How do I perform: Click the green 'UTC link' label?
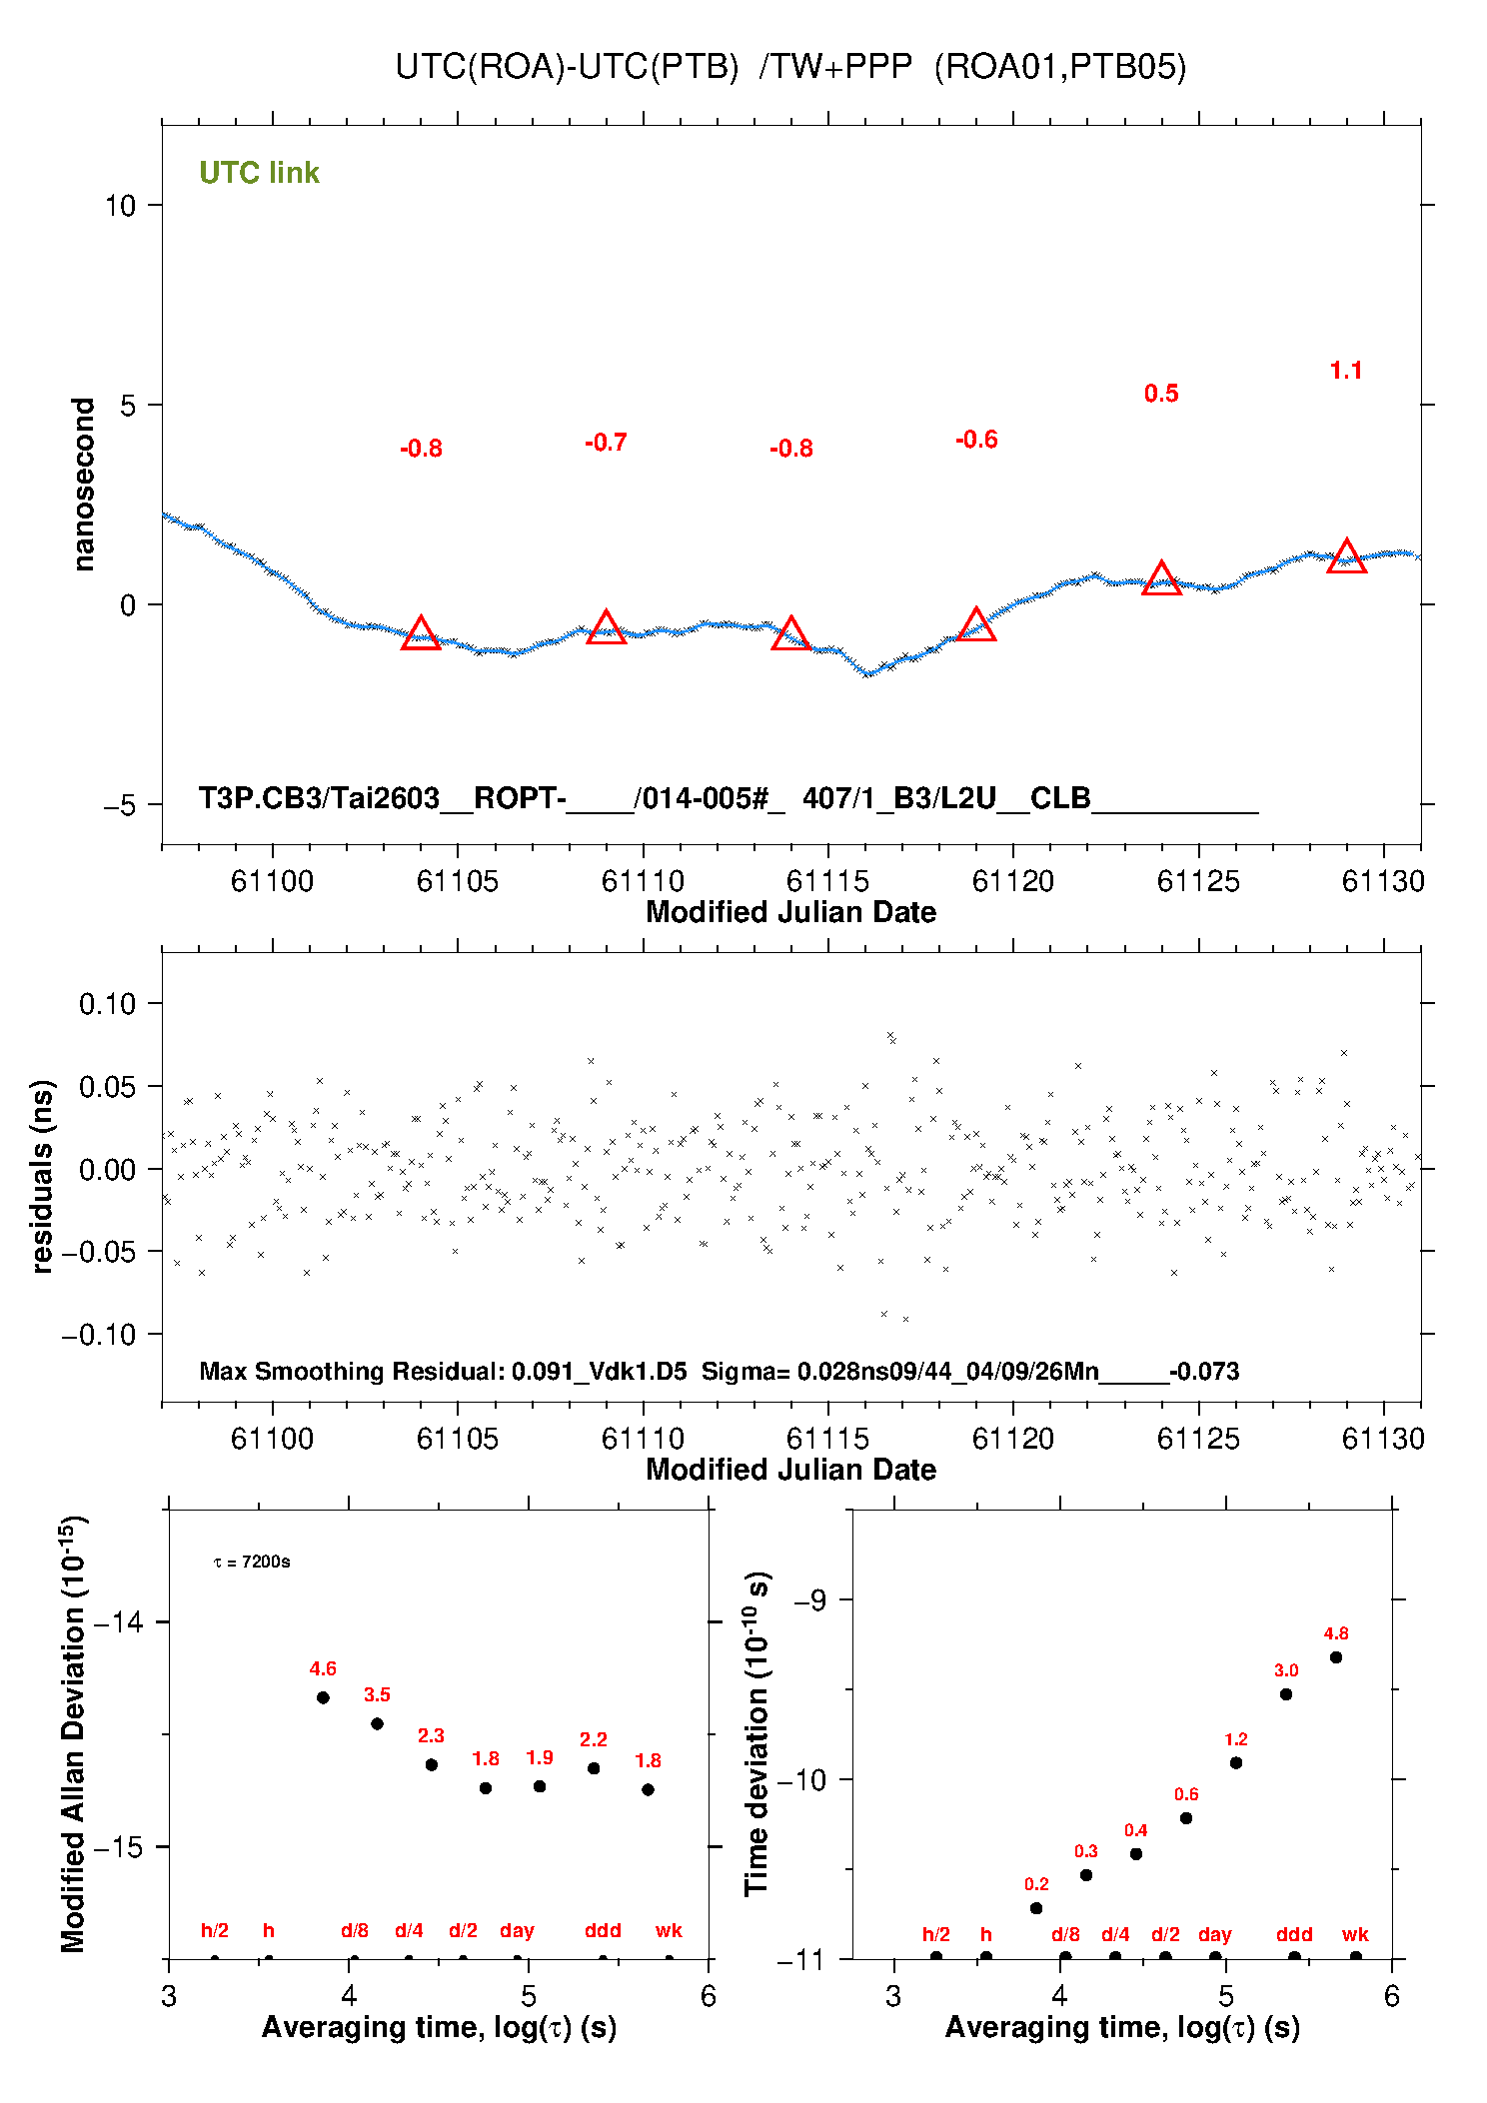[259, 173]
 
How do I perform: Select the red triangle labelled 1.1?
[1346, 556]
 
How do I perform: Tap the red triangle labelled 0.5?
[1161, 578]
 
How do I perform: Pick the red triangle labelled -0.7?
[606, 627]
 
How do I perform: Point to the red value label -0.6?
[976, 440]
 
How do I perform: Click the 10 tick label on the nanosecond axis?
[120, 206]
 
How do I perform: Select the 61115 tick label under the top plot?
[827, 881]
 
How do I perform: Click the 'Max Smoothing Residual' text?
[350, 1371]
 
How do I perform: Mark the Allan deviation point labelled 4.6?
[323, 1697]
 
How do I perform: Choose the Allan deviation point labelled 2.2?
[594, 1767]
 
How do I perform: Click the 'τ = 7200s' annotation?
[252, 1562]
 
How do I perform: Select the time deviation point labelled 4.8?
[1336, 1657]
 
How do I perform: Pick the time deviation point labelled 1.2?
[1236, 1762]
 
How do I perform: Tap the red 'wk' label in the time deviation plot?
[1355, 1934]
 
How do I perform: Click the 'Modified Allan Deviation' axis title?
[74, 1733]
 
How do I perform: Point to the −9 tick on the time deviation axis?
[809, 1600]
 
